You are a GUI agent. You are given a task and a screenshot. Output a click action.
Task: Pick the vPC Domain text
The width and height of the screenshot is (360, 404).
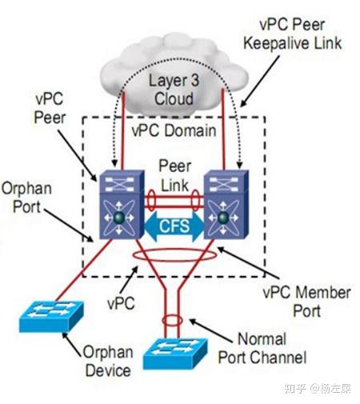pyautogui.click(x=174, y=130)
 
